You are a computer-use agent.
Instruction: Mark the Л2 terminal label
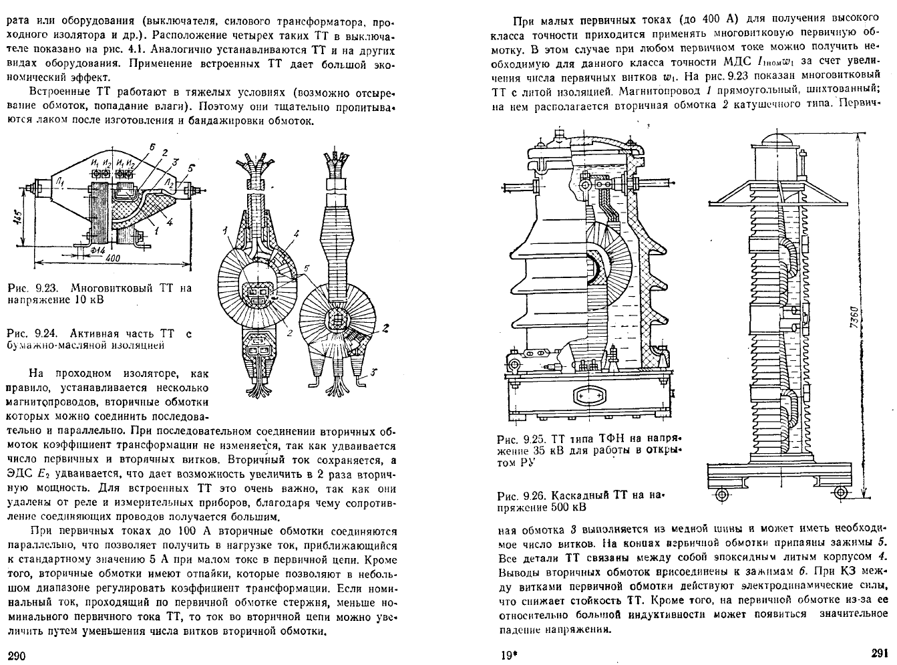[x=170, y=181]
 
